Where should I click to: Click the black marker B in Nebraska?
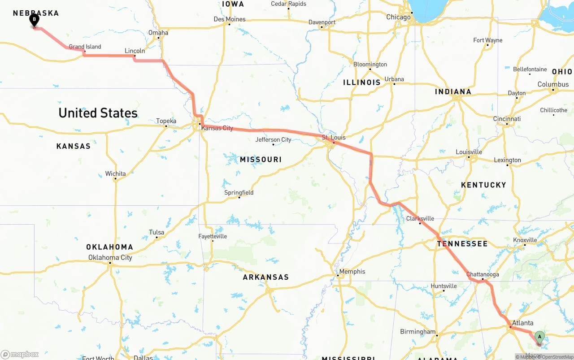coord(34,20)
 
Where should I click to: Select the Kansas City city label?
coord(217,128)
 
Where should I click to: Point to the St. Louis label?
coord(334,138)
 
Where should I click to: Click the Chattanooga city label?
coord(483,274)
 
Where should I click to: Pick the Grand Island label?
coord(85,47)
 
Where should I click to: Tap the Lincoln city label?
coord(135,51)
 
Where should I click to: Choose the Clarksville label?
coord(420,219)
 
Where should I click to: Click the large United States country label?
coord(98,113)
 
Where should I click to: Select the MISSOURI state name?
coord(261,160)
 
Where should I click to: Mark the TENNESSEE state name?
coord(462,244)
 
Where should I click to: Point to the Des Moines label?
coord(230,19)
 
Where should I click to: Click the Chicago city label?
coord(399,17)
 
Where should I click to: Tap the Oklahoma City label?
coord(110,258)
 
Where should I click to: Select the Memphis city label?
coord(352,272)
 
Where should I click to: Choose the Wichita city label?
coord(116,174)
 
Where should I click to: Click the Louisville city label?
coord(469,152)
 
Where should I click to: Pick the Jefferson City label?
coord(273,140)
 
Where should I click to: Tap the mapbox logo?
coord(20,354)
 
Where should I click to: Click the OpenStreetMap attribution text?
coord(557,357)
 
